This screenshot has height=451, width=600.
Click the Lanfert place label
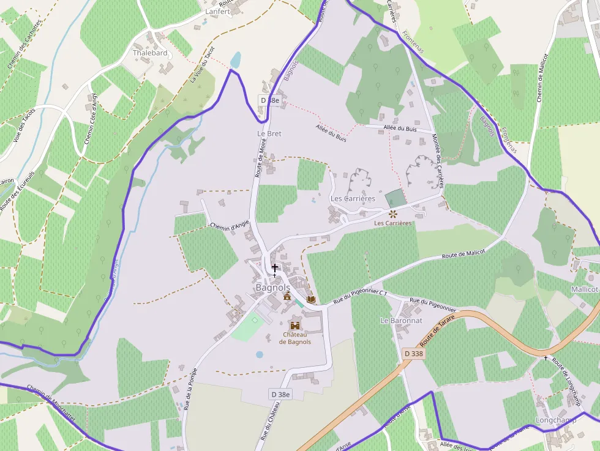pyautogui.click(x=217, y=12)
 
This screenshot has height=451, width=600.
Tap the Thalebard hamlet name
pyautogui.click(x=150, y=53)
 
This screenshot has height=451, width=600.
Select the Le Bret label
pyautogui.click(x=269, y=133)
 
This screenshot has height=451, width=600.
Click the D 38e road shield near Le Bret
pyautogui.click(x=269, y=100)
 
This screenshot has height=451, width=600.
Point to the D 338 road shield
pyautogui.click(x=414, y=354)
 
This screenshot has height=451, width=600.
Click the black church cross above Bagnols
pyautogui.click(x=275, y=267)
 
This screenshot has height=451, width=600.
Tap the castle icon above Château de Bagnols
pyautogui.click(x=295, y=326)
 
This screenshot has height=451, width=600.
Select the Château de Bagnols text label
pyautogui.click(x=295, y=338)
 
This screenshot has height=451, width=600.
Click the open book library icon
pyautogui.click(x=311, y=299)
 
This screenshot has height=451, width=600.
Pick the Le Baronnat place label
pyautogui.click(x=401, y=320)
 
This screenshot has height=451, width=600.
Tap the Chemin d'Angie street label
pyautogui.click(x=230, y=226)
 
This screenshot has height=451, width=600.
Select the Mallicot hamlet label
pyautogui.click(x=584, y=289)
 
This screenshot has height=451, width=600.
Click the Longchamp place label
pyautogui.click(x=556, y=420)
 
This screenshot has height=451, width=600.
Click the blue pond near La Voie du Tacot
pyautogui.click(x=236, y=60)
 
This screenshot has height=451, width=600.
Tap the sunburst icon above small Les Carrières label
pyautogui.click(x=392, y=214)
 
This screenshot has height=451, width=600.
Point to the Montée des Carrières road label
pyautogui.click(x=438, y=160)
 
